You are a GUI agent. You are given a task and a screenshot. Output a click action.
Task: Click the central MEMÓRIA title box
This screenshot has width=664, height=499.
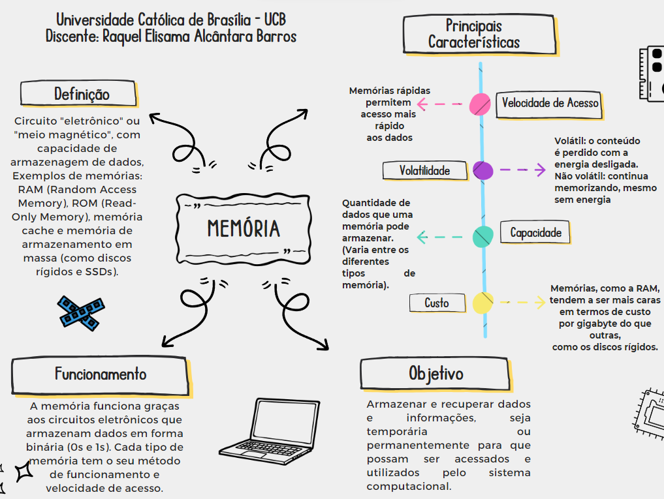point(243,228)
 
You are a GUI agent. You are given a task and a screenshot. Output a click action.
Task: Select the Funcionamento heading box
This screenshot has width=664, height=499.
point(101,374)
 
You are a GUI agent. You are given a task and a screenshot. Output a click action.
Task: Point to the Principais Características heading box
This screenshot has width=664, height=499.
point(474,34)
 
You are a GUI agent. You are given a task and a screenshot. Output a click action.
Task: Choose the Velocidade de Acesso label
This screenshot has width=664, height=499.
point(549,103)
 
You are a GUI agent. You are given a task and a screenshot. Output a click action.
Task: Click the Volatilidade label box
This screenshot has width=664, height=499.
point(425,171)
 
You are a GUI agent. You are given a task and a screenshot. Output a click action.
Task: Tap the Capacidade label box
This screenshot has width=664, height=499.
point(535,232)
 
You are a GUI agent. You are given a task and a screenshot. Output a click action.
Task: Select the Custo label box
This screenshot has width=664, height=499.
point(437,303)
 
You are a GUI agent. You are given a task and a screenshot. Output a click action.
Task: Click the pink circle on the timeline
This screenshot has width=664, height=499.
point(481,104)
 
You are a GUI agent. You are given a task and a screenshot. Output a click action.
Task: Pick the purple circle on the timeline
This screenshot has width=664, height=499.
point(483,171)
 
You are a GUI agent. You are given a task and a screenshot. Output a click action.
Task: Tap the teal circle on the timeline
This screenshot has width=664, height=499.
point(482,235)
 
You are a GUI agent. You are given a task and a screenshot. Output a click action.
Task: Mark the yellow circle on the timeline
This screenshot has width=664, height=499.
point(483,303)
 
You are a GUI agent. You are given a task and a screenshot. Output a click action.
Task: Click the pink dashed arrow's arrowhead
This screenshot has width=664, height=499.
point(421,104)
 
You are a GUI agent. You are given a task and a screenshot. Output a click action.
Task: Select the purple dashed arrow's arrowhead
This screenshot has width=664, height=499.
point(541,170)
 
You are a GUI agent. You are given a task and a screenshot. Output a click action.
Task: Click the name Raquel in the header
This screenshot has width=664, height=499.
point(127,37)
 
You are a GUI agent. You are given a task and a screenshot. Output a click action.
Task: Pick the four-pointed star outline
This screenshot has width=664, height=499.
point(25,470)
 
